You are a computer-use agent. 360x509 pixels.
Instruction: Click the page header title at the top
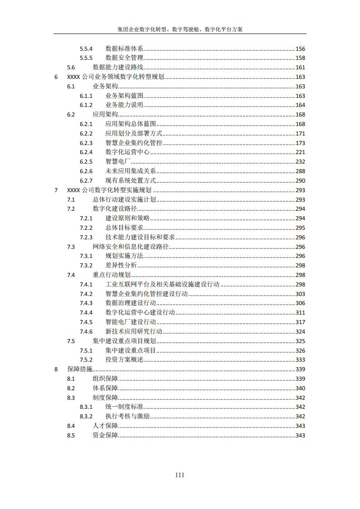coord(180,29)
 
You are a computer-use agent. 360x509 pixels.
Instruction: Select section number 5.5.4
coord(86,48)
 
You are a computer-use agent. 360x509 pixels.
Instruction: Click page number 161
coord(300,68)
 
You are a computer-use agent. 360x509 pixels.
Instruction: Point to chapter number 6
coord(56,77)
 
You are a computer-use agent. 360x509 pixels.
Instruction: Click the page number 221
coord(300,152)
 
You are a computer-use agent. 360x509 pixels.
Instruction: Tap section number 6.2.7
coord(86,181)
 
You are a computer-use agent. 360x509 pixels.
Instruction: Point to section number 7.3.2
coord(86,266)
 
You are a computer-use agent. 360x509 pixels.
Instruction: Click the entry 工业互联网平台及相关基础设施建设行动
coord(162,285)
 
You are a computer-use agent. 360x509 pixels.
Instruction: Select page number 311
coord(300,313)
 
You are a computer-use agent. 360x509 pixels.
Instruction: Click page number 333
coord(300,360)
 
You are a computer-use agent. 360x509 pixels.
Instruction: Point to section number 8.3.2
coord(86,417)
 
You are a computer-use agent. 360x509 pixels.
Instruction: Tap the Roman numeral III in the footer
coord(180,475)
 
